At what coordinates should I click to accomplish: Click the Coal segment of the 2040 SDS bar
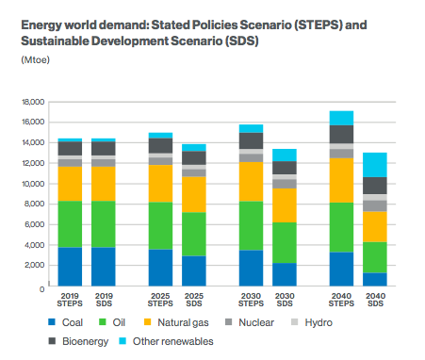375,279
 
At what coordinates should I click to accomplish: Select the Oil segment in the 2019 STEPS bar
70,224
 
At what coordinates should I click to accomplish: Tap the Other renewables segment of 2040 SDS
375,165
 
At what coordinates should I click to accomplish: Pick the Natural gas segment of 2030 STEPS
251,182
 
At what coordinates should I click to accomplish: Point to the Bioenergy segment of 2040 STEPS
341,135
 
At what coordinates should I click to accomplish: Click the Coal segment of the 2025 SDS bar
194,270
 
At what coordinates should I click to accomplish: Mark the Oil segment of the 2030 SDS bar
285,242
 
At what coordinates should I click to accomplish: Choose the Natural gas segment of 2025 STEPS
160,184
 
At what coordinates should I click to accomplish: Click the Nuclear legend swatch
229,322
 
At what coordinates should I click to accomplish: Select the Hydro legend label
319,322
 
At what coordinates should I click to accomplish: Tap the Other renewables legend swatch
123,341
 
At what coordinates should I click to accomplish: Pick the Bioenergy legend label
85,341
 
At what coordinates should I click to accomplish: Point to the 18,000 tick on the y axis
33,102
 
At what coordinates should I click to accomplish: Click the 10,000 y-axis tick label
33,184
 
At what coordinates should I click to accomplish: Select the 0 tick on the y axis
42,289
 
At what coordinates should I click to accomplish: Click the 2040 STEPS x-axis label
341,300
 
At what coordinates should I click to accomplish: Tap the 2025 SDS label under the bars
194,300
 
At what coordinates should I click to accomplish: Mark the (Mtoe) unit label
36,59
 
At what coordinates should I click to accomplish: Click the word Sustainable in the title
55,41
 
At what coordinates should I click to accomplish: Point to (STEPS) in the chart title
318,25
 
